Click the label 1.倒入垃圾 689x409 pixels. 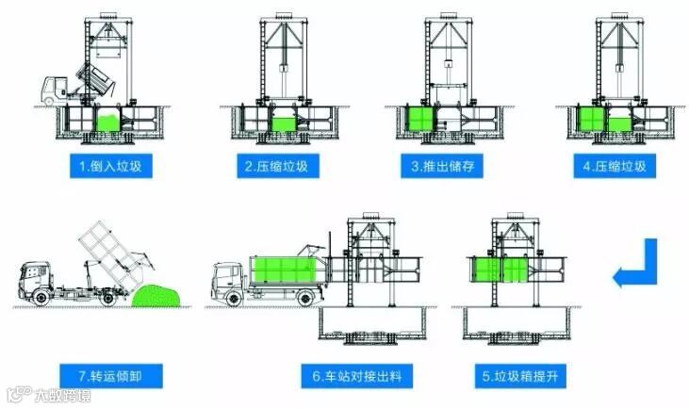[109, 168]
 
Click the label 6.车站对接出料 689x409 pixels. [363, 378]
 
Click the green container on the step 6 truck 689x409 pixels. [287, 269]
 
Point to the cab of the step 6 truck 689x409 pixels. [227, 278]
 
